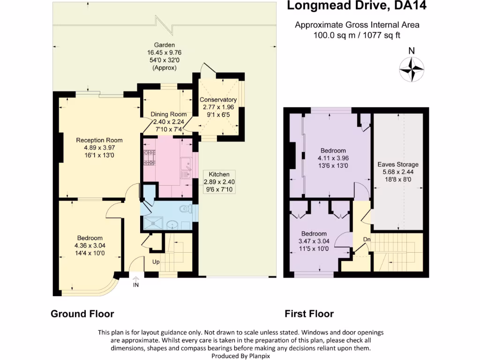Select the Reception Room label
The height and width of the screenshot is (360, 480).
click(99, 140)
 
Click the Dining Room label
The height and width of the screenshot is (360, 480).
click(169, 114)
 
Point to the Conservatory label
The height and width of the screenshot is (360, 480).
click(218, 100)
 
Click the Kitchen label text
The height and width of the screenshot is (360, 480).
click(219, 174)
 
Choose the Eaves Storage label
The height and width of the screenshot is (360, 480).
click(398, 165)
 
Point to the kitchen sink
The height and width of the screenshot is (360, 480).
click(186, 165)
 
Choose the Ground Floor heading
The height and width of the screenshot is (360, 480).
click(82, 314)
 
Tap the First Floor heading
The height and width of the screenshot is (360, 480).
click(309, 314)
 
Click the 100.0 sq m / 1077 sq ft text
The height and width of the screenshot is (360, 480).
click(357, 35)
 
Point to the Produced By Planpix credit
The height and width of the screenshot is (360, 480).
click(240, 356)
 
